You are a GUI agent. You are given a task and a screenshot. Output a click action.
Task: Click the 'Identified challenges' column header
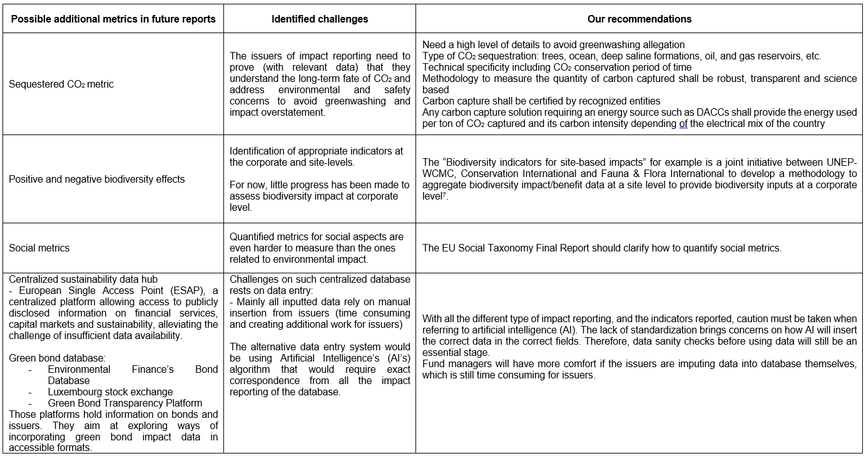pyautogui.click(x=320, y=19)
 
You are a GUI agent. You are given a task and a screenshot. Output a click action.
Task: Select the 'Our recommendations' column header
pyautogui.click(x=639, y=19)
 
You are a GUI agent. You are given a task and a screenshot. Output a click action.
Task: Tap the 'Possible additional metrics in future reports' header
pyautogui.click(x=113, y=19)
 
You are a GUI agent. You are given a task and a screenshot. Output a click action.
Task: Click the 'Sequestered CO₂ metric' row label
pyautogui.click(x=61, y=84)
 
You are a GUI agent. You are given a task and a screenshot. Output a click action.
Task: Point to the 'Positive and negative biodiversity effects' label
pyautogui.click(x=97, y=179)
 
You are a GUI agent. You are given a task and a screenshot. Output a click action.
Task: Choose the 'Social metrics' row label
pyautogui.click(x=39, y=248)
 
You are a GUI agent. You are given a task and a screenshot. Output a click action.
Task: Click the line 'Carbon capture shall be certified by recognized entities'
pyautogui.click(x=541, y=101)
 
